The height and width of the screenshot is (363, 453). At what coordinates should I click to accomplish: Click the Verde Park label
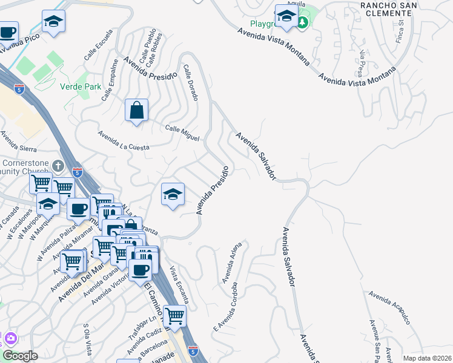81,87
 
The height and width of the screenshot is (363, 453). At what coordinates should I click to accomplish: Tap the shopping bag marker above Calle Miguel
136,111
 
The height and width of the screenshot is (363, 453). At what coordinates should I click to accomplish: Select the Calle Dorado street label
190,83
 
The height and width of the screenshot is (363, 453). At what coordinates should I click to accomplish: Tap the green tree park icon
302,22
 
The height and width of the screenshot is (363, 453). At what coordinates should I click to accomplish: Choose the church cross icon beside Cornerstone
58,166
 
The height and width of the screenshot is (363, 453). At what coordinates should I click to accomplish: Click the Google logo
20,355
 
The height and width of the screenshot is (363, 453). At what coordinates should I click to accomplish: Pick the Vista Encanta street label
180,284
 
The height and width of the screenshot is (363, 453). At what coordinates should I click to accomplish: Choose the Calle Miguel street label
182,133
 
